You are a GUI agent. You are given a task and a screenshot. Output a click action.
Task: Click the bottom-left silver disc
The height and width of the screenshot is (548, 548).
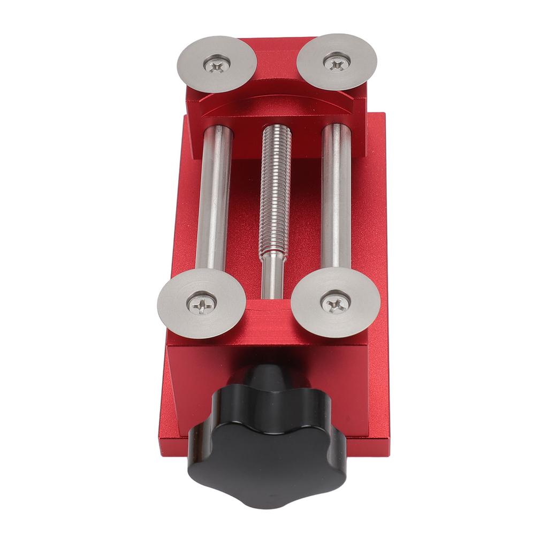201,303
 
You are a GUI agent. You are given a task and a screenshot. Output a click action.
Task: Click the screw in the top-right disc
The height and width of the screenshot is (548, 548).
337,64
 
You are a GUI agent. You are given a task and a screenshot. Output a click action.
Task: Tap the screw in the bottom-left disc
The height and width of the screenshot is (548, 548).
202,305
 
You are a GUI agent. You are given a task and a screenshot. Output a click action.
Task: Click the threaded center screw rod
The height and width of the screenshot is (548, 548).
276,193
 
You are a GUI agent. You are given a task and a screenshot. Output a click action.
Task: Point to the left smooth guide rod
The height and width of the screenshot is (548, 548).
215,198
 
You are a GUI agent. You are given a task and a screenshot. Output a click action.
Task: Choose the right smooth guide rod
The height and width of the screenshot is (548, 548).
336,198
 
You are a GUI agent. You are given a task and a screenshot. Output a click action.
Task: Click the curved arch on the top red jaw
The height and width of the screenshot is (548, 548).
276,100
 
